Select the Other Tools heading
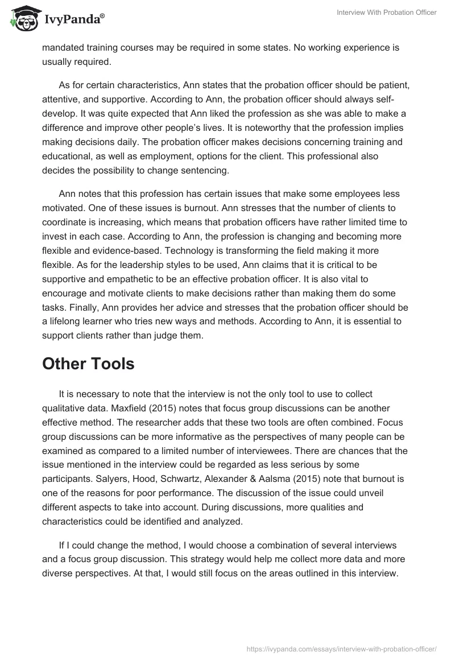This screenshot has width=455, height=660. [88, 364]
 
